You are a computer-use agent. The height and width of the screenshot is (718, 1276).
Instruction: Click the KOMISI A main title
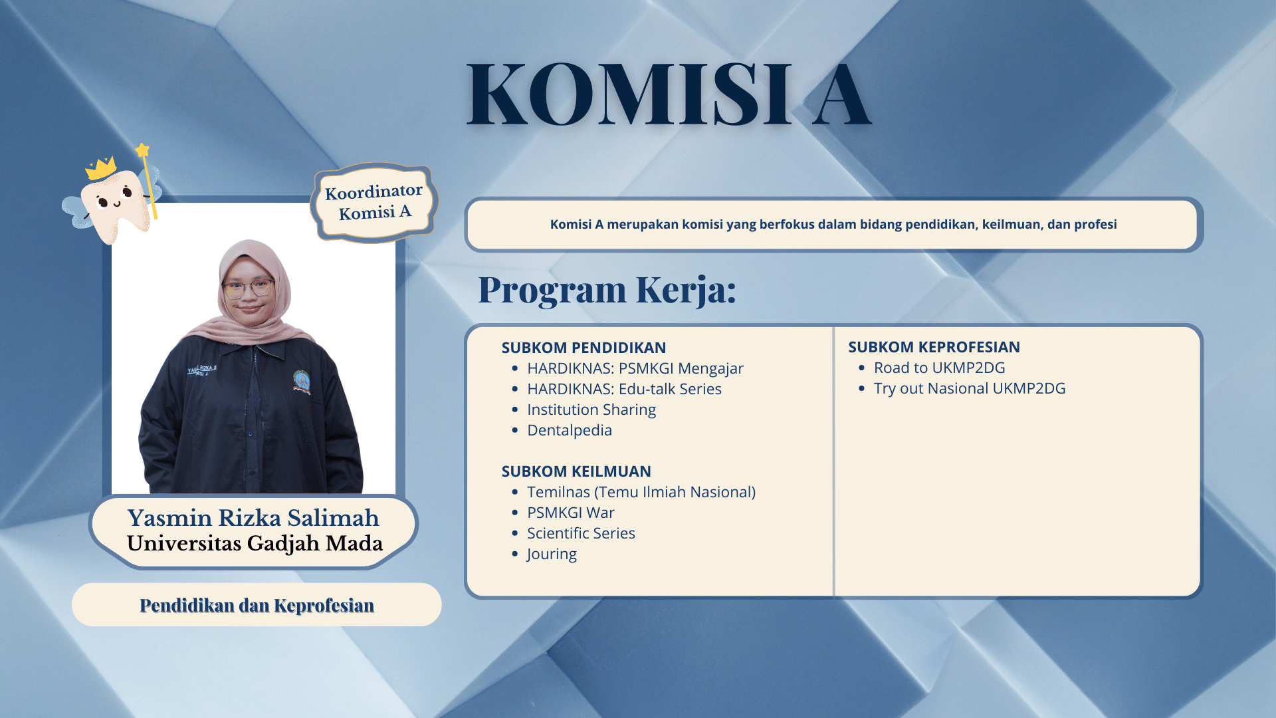pyautogui.click(x=669, y=94)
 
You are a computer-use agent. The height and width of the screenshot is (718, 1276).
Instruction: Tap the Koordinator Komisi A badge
pyautogui.click(x=373, y=202)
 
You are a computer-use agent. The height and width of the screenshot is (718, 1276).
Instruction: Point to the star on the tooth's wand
pyautogui.click(x=143, y=150)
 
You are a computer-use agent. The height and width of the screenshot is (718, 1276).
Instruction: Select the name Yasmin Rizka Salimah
pyautogui.click(x=253, y=517)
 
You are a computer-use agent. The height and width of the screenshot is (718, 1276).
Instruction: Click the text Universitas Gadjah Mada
pyautogui.click(x=255, y=543)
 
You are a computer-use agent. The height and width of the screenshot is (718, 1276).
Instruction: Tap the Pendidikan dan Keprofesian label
pyautogui.click(x=257, y=605)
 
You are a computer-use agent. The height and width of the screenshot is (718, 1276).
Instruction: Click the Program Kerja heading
pyautogui.click(x=607, y=290)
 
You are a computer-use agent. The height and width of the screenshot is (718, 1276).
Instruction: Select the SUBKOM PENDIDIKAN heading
pyautogui.click(x=584, y=348)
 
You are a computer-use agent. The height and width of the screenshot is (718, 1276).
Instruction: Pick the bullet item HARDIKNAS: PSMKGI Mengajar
pyautogui.click(x=635, y=368)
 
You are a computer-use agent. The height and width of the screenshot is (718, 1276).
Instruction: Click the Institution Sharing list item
pyautogui.click(x=591, y=410)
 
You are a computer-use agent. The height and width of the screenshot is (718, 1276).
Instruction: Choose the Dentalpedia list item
pyautogui.click(x=570, y=430)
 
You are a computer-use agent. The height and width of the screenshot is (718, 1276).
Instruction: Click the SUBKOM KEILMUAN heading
pyautogui.click(x=576, y=471)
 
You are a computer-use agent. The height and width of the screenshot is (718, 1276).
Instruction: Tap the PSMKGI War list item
pyautogui.click(x=571, y=513)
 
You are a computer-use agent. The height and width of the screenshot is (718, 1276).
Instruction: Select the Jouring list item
pyautogui.click(x=552, y=554)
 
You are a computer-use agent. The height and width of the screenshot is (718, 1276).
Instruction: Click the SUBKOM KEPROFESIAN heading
pyautogui.click(x=934, y=347)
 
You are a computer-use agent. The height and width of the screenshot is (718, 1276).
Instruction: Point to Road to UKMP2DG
pyautogui.click(x=939, y=368)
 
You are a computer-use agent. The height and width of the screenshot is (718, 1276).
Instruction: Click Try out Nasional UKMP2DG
pyautogui.click(x=970, y=388)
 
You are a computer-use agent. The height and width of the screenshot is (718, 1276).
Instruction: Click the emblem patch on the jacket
pyautogui.click(x=302, y=382)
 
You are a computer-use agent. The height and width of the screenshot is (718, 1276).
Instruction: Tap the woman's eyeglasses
pyautogui.click(x=249, y=289)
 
